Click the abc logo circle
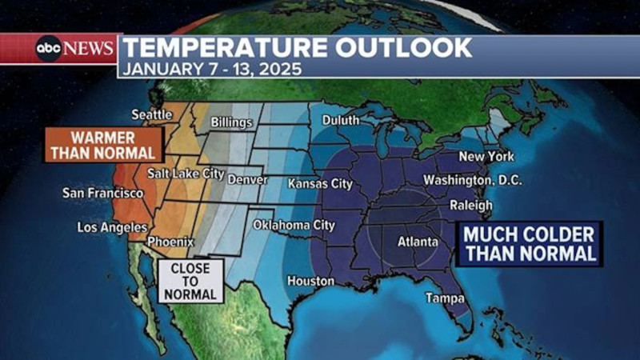click(49, 49)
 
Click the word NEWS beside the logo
click(89, 49)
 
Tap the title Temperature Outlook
click(296, 47)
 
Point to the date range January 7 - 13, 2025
click(210, 69)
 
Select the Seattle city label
click(152, 114)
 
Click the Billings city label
click(231, 123)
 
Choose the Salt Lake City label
click(186, 173)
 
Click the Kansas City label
click(320, 183)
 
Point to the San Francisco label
click(103, 194)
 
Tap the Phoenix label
click(171, 240)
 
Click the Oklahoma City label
click(294, 226)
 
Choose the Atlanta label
click(418, 241)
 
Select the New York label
click(486, 157)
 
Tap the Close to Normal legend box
click(190, 282)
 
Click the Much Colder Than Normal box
click(530, 244)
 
